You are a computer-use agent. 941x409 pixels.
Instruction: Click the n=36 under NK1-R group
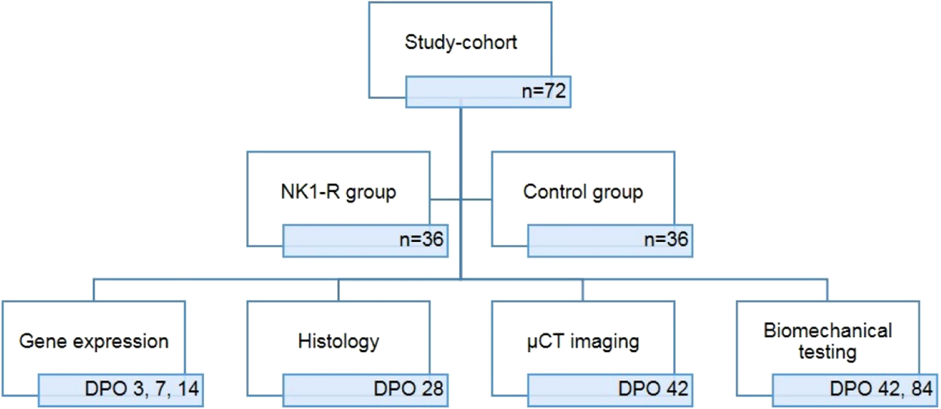420,241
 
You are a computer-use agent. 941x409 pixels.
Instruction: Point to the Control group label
583,192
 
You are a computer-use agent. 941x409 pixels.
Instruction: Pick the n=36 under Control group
664,241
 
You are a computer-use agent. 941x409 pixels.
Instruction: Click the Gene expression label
93,341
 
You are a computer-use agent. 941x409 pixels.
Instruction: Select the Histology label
338,341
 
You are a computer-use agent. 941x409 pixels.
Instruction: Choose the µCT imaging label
582,341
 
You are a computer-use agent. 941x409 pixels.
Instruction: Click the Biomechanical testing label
827,341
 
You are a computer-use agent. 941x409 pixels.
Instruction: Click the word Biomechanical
827,331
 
